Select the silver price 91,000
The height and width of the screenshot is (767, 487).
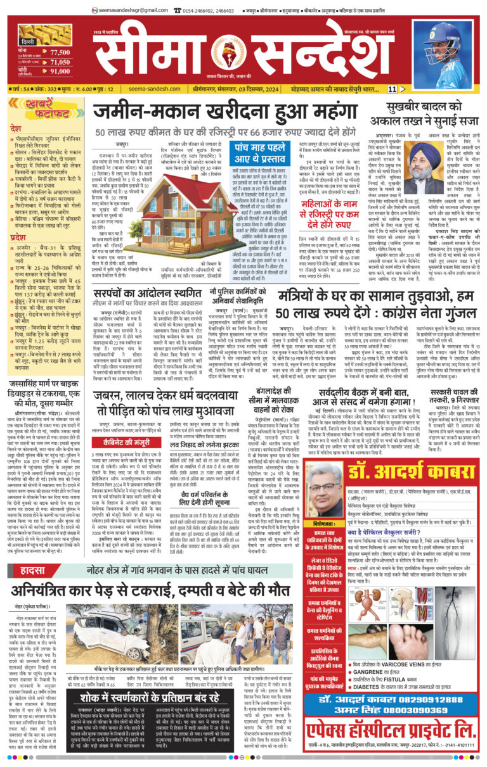(x=60, y=72)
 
